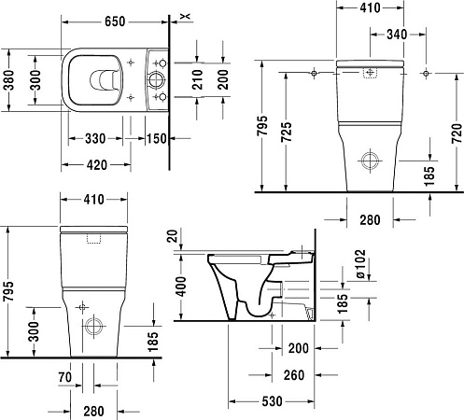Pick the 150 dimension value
pos(157,139)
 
